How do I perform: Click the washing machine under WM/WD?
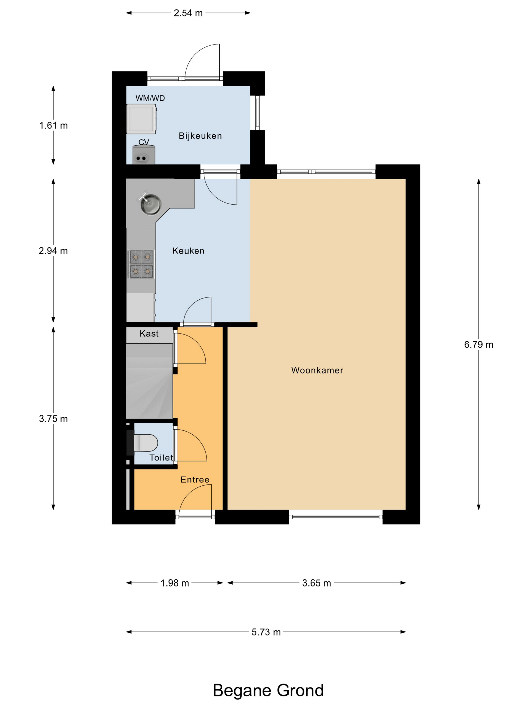coord(141,119)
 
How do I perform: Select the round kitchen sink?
coord(151,204)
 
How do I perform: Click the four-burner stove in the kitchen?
coord(141,264)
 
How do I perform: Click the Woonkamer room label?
coord(317,370)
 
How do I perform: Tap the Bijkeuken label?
coord(200,136)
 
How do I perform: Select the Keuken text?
coord(188,251)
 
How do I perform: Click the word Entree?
coord(195,480)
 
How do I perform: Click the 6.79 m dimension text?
coord(479,345)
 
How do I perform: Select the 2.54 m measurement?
coord(188,13)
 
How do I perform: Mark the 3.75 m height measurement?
coord(53,419)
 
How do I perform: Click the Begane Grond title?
coord(268,691)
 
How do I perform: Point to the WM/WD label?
coord(150,98)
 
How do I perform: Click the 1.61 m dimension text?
coord(53,125)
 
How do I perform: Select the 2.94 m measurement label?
coord(53,251)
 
